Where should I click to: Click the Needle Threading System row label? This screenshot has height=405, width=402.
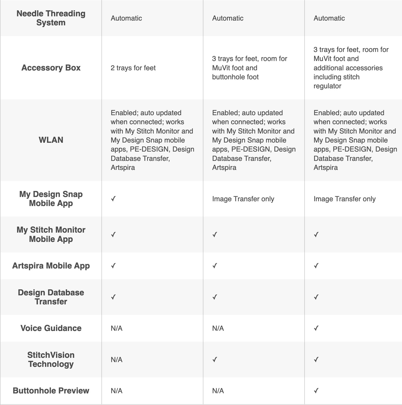pyautogui.click(x=51, y=18)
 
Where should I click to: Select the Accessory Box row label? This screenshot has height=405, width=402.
pyautogui.click(x=51, y=68)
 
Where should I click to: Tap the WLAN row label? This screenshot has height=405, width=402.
pyautogui.click(x=51, y=140)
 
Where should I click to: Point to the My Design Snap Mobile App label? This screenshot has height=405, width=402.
pyautogui.click(x=51, y=199)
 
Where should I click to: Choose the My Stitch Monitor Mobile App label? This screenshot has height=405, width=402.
pyautogui.click(x=51, y=234)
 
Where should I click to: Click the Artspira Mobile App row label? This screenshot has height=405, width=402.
pyautogui.click(x=51, y=266)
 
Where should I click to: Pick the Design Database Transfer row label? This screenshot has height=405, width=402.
pyautogui.click(x=51, y=297)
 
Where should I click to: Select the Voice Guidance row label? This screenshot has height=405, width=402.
pyautogui.click(x=51, y=328)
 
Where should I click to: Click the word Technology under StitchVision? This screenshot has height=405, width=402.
pyautogui.click(x=51, y=364)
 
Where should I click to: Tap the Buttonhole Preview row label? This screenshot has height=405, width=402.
pyautogui.click(x=51, y=391)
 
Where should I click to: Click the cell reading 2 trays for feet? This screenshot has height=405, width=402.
pyautogui.click(x=133, y=68)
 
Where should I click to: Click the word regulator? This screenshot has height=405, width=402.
pyautogui.click(x=327, y=86)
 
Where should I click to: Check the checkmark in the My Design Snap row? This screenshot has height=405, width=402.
pyautogui.click(x=113, y=199)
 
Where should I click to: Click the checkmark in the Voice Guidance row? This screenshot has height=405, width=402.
pyautogui.click(x=316, y=328)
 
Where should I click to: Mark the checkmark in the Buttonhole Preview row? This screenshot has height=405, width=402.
pyautogui.click(x=316, y=391)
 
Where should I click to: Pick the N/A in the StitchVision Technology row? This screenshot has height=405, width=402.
pyautogui.click(x=117, y=360)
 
